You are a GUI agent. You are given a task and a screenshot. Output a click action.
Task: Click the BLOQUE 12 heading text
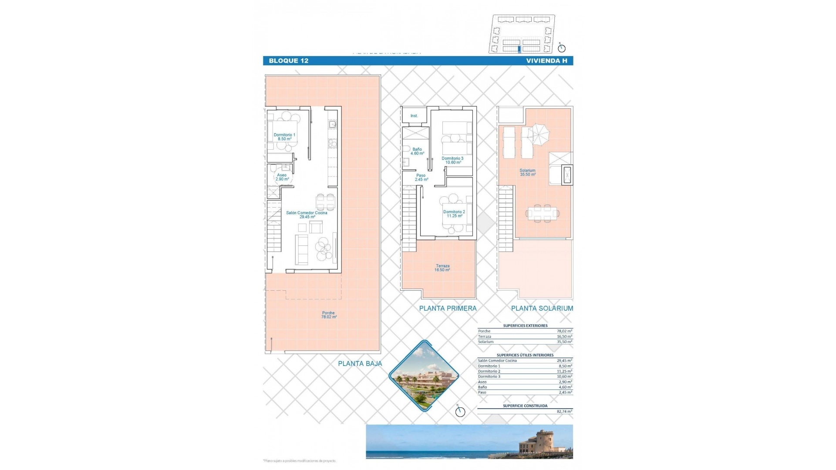coord(288,61)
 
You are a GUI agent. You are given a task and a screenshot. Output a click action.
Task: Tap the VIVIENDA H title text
coord(546,61)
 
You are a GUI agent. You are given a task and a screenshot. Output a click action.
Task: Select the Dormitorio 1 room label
coord(284,137)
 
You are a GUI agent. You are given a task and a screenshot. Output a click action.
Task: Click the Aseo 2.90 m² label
coord(282,177)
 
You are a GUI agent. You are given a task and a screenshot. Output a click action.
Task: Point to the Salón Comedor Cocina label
coord(307,215)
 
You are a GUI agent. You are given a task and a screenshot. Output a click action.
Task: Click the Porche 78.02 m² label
coord(329,315)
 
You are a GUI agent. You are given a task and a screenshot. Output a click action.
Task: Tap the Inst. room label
coord(414,116)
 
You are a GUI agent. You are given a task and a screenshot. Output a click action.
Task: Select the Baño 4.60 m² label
coord(417,151)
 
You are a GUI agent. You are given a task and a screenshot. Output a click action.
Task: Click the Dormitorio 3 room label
coord(452,160)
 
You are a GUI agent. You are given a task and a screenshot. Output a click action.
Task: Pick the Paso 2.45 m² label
coord(421,177)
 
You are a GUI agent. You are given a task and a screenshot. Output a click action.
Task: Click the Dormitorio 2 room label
coord(454,214)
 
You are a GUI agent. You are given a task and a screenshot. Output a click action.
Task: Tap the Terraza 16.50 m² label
coord(442,268)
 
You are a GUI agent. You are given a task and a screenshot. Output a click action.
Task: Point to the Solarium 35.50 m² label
coord(527,172)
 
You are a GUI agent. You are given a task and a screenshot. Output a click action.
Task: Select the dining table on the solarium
coord(542,213)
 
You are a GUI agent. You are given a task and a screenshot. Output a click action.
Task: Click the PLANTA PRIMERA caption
coord(448,308)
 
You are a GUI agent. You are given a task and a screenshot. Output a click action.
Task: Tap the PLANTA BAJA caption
coord(360,363)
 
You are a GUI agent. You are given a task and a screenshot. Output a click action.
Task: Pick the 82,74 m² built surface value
coord(564,411)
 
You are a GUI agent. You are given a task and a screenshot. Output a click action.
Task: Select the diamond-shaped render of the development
coord(424,376)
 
